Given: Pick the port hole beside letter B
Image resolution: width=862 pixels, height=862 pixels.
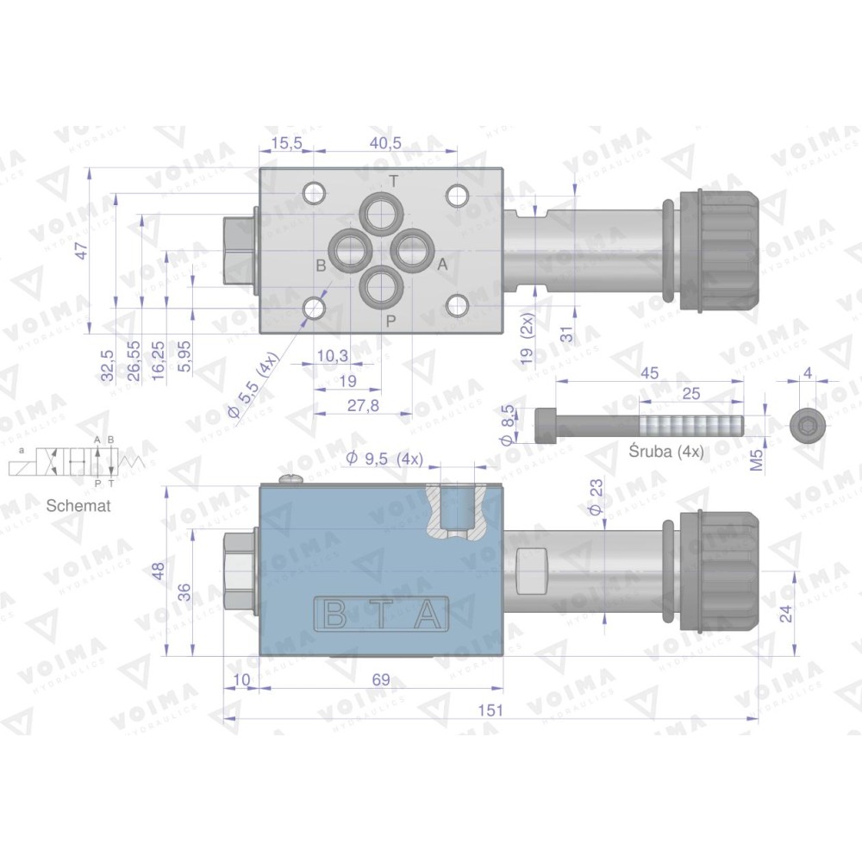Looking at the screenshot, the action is pyautogui.click(x=349, y=250).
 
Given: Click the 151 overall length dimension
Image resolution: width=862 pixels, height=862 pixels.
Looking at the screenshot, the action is pyautogui.click(x=491, y=710).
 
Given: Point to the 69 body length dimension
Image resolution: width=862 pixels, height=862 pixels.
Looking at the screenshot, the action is pyautogui.click(x=380, y=679).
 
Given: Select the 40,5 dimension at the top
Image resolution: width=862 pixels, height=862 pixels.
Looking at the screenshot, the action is pyautogui.click(x=385, y=143).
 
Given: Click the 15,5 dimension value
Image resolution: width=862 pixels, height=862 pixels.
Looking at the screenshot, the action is pyautogui.click(x=287, y=143).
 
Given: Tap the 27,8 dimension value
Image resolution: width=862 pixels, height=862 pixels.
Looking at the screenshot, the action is pyautogui.click(x=364, y=406).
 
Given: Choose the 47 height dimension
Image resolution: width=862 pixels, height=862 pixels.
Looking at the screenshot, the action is pyautogui.click(x=81, y=251).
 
